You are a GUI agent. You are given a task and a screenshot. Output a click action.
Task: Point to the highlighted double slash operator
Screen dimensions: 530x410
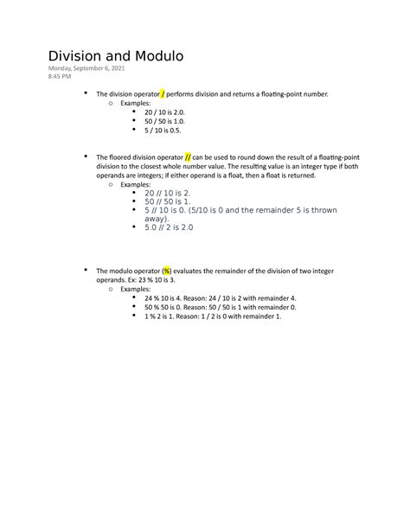pos(188,157)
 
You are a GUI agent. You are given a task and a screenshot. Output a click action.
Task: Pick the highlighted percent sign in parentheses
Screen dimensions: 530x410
pos(167,271)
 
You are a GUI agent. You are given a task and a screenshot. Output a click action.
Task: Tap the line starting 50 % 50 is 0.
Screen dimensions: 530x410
pos(214,308)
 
